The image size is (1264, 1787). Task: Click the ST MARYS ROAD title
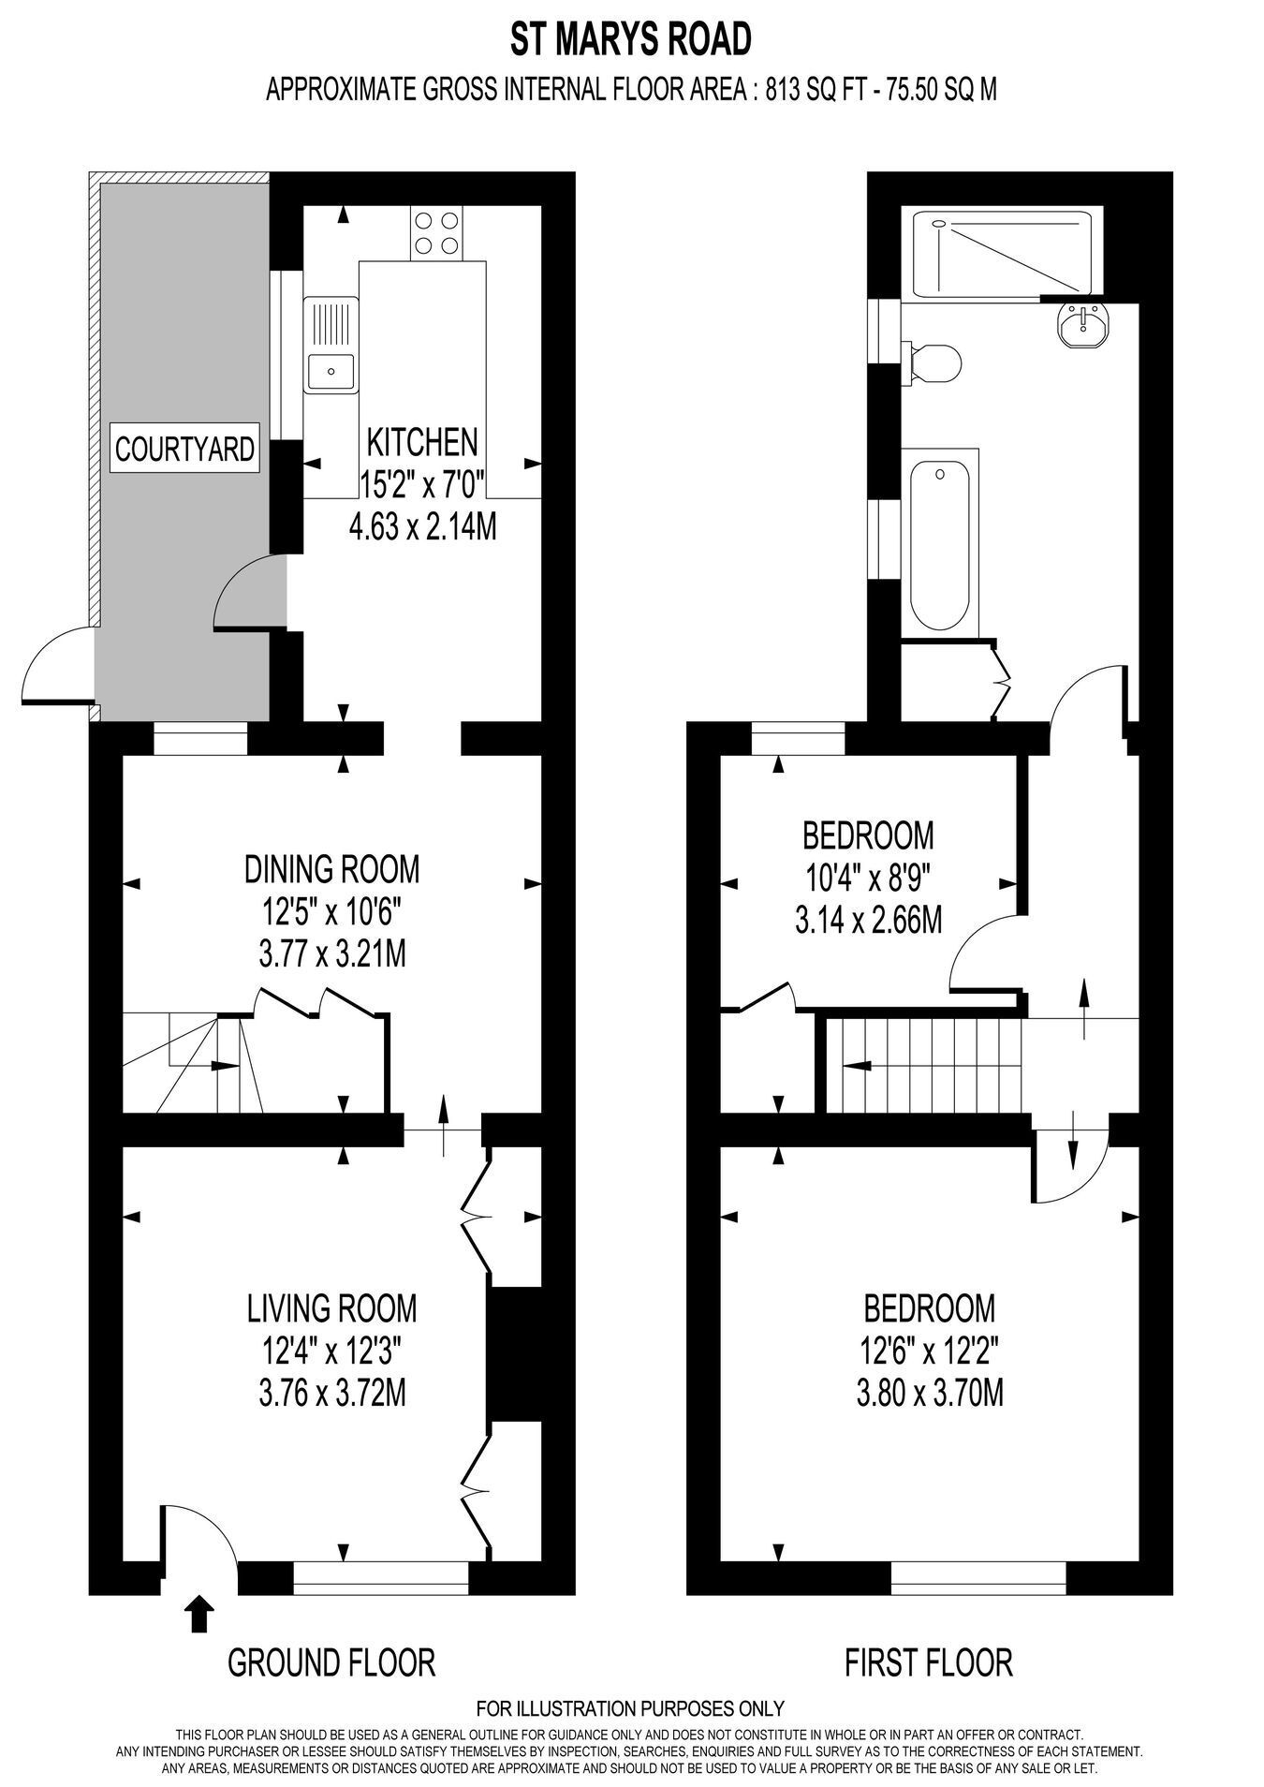pyautogui.click(x=631, y=40)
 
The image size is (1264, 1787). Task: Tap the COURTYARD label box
pyautogui.click(x=184, y=449)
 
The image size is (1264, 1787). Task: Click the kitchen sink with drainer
pyautogui.click(x=331, y=343)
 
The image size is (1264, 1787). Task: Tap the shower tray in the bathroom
pyautogui.click(x=1002, y=255)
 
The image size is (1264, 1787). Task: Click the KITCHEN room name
pyautogui.click(x=422, y=440)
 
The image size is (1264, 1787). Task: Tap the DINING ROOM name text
pyautogui.click(x=331, y=869)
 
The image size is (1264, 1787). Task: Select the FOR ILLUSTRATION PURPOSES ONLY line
pyautogui.click(x=631, y=1707)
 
